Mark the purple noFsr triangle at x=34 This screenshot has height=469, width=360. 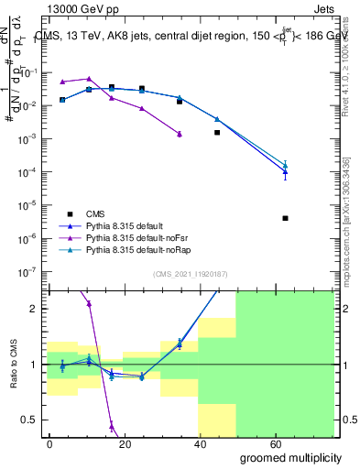click(180, 134)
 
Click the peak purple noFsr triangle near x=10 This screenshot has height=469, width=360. click(89, 79)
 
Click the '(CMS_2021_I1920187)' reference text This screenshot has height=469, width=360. click(190, 273)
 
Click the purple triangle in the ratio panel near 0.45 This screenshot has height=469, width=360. click(112, 425)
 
